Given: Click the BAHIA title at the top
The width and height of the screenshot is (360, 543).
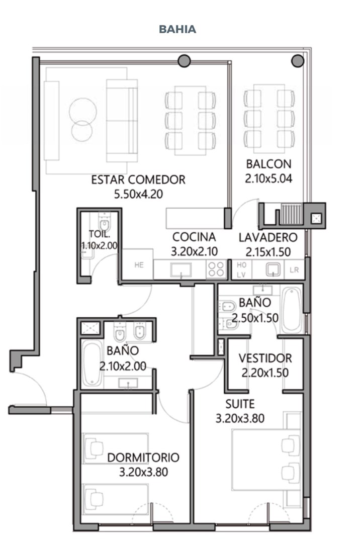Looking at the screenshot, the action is (177, 29).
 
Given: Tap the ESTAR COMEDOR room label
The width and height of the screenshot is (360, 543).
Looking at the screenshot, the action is (138, 179).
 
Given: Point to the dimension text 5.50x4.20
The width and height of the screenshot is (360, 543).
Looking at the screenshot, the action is (138, 194).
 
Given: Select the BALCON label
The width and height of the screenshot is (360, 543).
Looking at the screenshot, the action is (268, 164).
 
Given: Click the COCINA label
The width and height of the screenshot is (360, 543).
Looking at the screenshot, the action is (194, 237).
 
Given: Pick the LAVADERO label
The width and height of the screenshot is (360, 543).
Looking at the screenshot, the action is (268, 237).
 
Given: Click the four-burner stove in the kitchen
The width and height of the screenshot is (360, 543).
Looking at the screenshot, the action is (216, 269).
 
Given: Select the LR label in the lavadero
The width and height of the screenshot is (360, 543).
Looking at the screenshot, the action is (294, 270).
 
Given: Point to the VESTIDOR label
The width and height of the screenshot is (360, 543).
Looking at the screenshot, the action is (265, 358).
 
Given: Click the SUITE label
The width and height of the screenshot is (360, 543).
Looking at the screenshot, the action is (240, 404).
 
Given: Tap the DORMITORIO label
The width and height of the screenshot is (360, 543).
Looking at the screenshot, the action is (143, 458).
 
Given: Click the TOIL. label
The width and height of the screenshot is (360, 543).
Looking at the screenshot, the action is (100, 234).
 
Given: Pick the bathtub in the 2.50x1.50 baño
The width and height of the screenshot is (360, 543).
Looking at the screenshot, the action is (292, 309).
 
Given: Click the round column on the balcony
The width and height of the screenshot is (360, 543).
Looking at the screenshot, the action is (298, 61).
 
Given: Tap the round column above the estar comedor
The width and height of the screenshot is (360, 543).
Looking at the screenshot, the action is (184, 61).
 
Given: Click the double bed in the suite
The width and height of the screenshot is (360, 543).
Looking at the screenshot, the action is (266, 460).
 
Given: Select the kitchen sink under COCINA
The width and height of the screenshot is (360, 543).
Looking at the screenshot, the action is (181, 270).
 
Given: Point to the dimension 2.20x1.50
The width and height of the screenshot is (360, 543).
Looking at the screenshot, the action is (265, 373).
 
